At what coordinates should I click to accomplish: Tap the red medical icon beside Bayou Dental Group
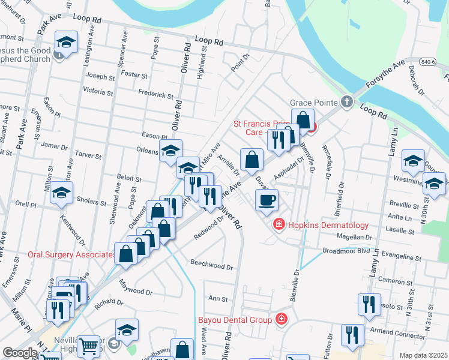click(280, 320)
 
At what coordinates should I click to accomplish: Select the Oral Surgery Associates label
click(71, 254)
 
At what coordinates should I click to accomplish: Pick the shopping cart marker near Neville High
click(89, 346)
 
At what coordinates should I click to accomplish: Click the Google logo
click(20, 353)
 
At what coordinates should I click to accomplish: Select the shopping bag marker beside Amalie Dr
click(252, 159)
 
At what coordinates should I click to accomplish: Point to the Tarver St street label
click(89, 155)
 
